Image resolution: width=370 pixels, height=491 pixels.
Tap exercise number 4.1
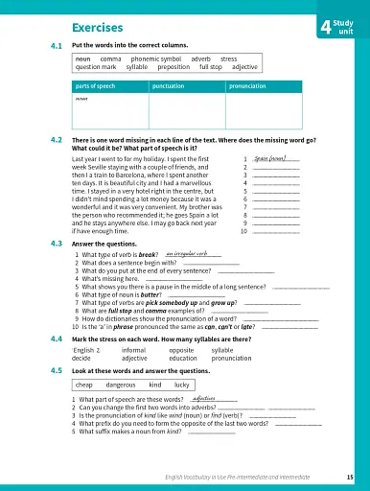point(56,46)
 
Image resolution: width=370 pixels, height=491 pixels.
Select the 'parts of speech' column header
point(98,85)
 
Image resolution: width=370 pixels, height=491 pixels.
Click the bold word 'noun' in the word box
point(83,58)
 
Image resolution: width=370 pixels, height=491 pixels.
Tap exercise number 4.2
point(56,140)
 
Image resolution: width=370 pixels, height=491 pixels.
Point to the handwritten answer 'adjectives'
point(204,397)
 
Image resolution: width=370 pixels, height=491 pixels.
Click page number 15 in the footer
point(350,476)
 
